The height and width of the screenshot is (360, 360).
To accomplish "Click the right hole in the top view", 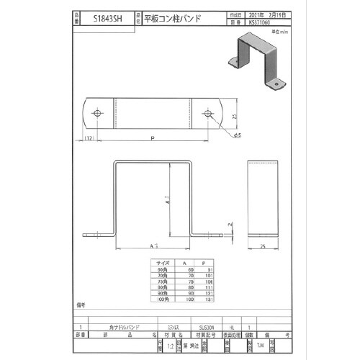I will pos(208,114).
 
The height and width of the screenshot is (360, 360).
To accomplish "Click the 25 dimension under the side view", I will pos(264,246).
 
